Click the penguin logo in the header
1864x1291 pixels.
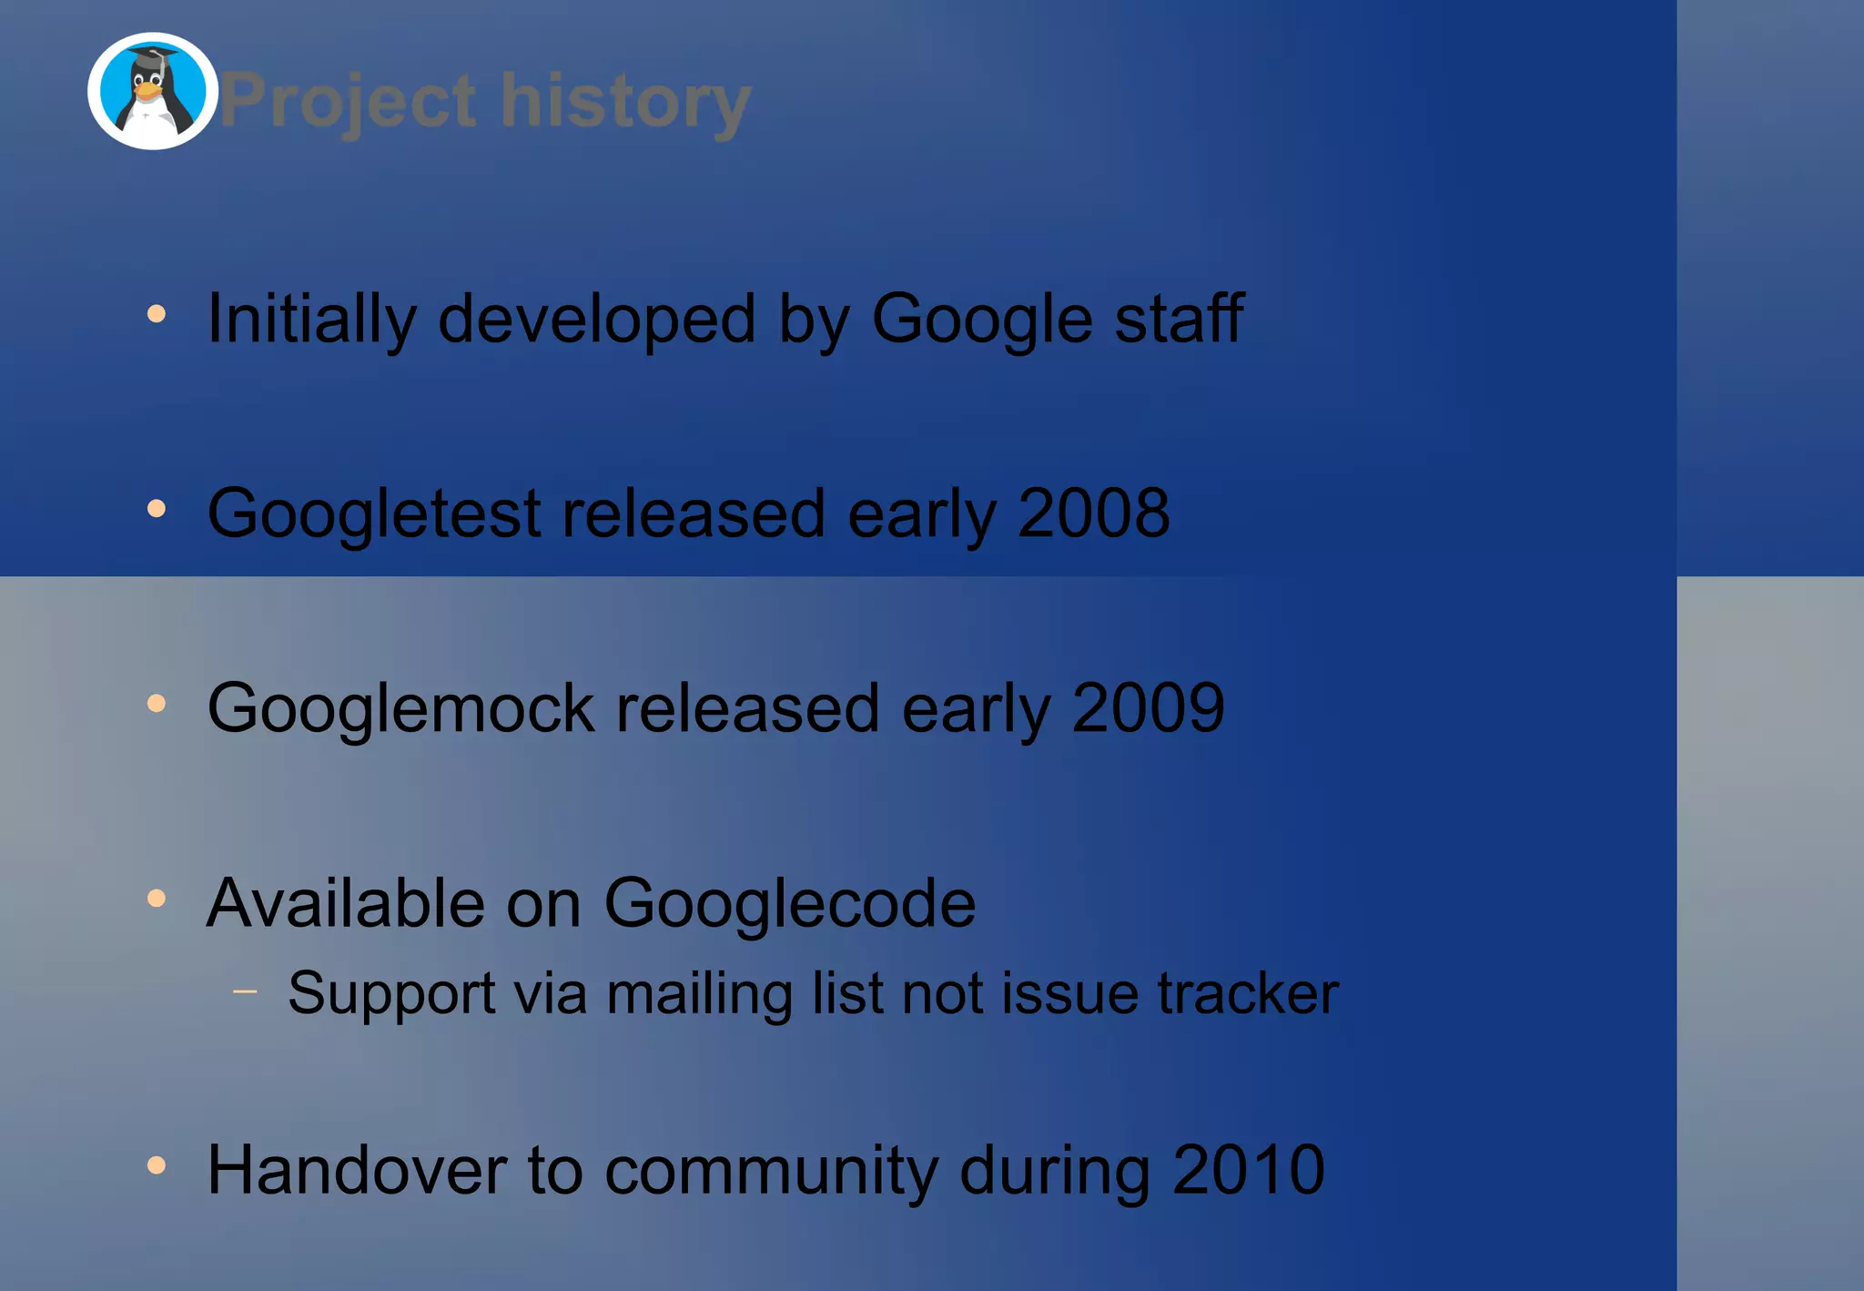(x=153, y=91)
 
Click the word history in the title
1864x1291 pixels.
(x=625, y=101)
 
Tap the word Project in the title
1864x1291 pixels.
(x=348, y=102)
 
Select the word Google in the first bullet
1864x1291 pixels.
(x=982, y=320)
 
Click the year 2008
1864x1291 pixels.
(x=1093, y=513)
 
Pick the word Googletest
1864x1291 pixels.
(x=375, y=514)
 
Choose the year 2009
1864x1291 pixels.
(x=1148, y=708)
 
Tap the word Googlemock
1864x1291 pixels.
(x=401, y=709)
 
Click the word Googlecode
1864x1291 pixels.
(x=790, y=904)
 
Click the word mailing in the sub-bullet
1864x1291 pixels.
(x=699, y=994)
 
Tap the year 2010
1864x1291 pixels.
(x=1248, y=1170)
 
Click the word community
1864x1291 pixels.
(x=771, y=1172)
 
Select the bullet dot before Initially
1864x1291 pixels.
(x=157, y=314)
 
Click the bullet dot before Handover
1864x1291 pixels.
(x=157, y=1164)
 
